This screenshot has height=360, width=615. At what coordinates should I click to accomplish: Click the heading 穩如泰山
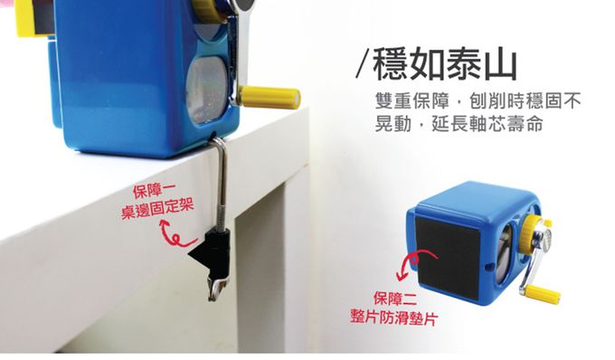click(445, 63)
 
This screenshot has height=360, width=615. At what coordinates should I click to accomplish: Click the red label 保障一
click(155, 192)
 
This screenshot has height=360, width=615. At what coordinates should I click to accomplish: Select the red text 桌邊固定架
click(157, 210)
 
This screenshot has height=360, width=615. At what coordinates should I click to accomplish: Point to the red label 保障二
click(395, 298)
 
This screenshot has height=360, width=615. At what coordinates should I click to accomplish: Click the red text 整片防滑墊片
click(393, 317)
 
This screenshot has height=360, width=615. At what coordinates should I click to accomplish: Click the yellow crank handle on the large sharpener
click(270, 97)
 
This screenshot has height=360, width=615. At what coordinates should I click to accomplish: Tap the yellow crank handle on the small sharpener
click(544, 294)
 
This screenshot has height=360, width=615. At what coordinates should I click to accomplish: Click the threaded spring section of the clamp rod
click(222, 215)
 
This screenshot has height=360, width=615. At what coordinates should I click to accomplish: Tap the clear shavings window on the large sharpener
click(207, 90)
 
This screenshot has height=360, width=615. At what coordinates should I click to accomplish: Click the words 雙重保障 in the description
click(412, 101)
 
